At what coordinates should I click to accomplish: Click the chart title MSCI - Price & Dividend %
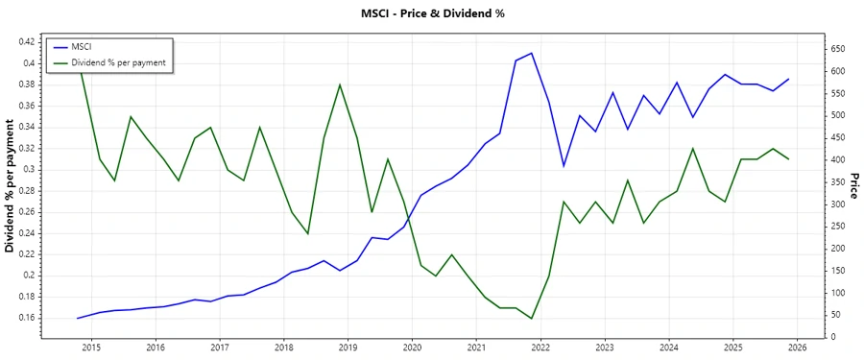click(x=431, y=13)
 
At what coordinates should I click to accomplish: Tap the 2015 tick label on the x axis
click(x=91, y=348)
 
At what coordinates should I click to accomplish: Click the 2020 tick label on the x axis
click(x=412, y=348)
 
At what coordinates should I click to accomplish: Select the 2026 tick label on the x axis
click(x=797, y=348)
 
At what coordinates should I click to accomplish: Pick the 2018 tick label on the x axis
click(x=283, y=348)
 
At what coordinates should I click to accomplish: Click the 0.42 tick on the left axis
click(x=26, y=42)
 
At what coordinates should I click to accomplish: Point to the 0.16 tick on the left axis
click(x=26, y=318)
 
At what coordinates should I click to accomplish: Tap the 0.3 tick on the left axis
click(x=30, y=169)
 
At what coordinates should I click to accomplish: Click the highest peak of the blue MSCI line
click(x=532, y=53)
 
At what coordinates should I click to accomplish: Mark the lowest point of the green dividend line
click(x=532, y=319)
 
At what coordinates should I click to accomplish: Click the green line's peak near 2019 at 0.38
click(x=340, y=84)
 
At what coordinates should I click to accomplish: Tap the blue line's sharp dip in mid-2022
click(x=564, y=166)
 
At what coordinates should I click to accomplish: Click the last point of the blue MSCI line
click(x=789, y=79)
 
